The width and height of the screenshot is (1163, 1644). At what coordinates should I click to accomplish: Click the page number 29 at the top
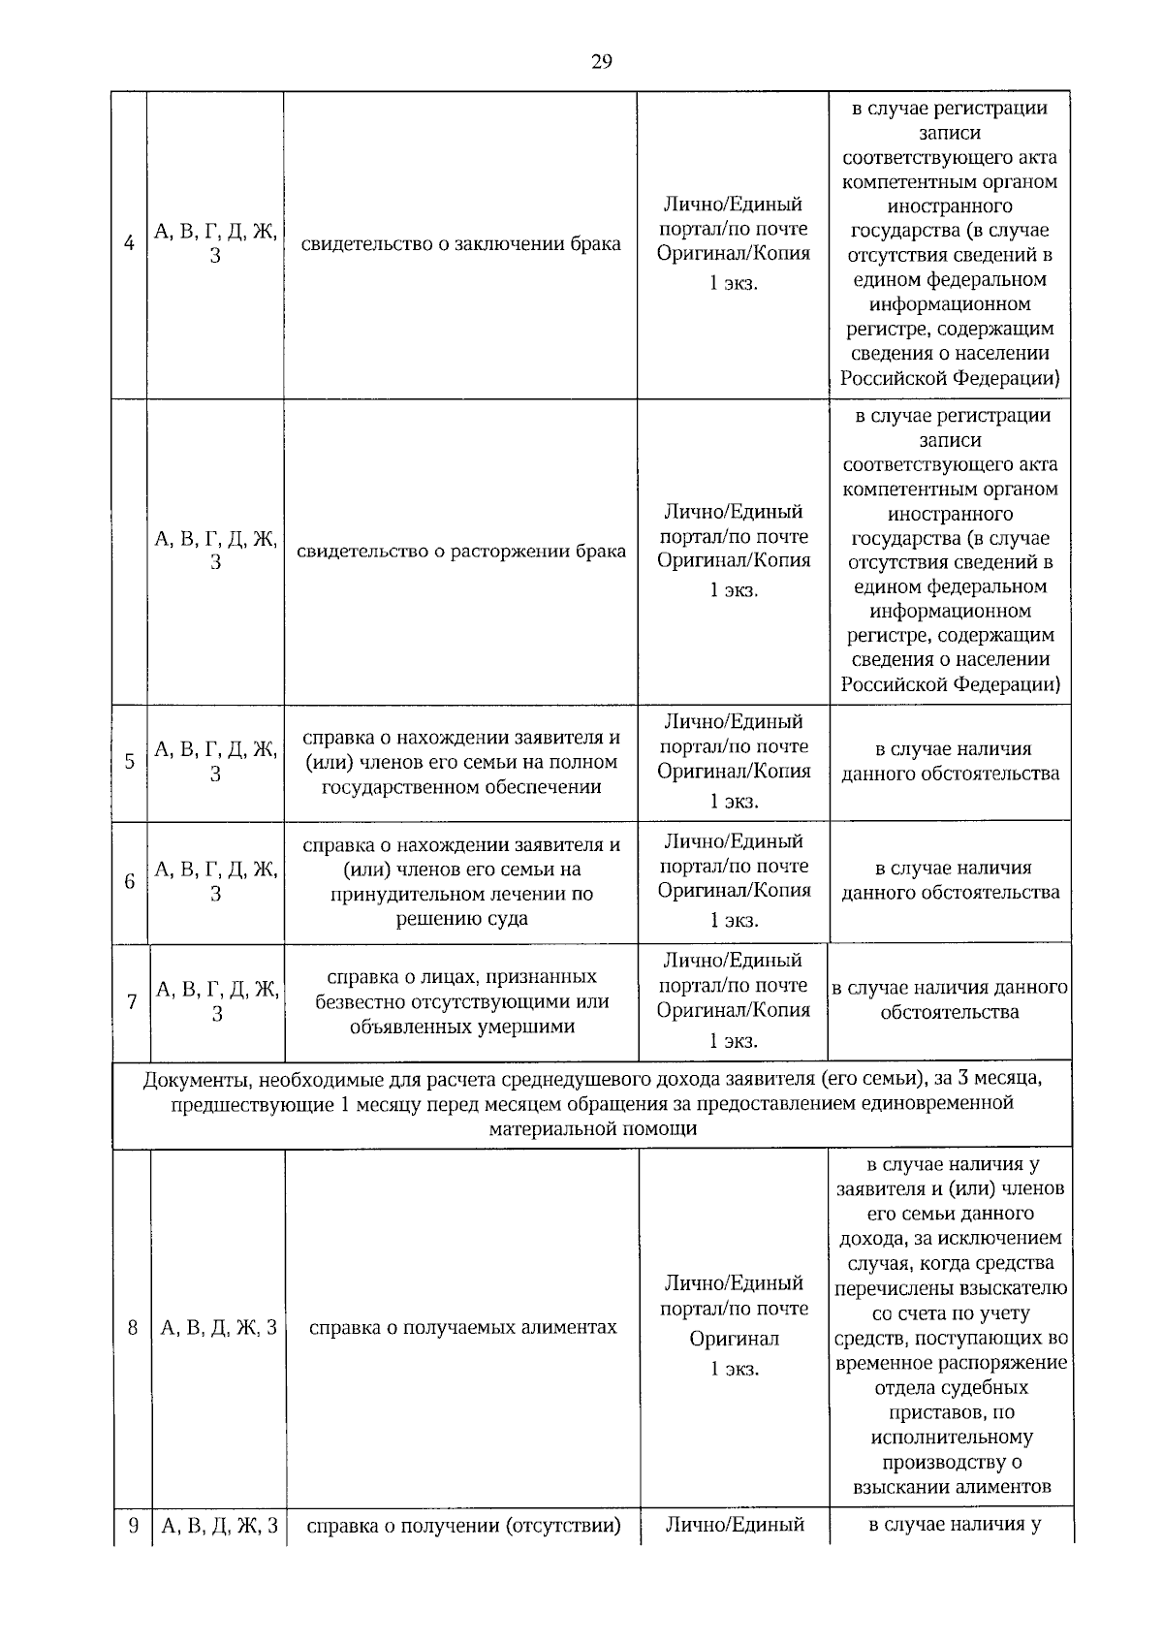click(601, 62)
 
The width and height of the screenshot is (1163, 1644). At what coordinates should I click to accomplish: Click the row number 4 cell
click(129, 243)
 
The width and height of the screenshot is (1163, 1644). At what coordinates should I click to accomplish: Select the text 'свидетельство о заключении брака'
click(460, 243)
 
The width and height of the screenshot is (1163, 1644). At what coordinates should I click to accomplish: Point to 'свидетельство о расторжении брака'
click(460, 551)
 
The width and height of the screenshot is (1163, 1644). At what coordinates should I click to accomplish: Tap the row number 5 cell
click(129, 762)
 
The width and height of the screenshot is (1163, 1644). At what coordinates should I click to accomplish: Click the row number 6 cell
click(129, 881)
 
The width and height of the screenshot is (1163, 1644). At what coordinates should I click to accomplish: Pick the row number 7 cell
click(132, 1001)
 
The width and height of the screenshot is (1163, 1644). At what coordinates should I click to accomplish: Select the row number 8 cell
click(132, 1327)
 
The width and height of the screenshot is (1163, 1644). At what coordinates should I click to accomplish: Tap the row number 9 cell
click(133, 1526)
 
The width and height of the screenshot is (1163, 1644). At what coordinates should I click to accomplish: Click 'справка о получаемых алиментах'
click(462, 1327)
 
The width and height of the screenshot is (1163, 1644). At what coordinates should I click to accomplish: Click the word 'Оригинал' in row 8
click(734, 1339)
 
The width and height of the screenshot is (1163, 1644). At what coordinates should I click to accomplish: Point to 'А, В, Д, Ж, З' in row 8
click(219, 1327)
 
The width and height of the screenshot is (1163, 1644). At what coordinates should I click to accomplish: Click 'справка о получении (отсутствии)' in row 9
click(463, 1526)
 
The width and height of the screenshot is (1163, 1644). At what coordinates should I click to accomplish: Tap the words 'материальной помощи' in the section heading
click(592, 1129)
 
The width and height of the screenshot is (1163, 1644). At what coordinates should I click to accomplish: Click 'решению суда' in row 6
click(461, 918)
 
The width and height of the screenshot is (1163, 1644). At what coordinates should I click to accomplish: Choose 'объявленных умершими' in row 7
click(462, 1027)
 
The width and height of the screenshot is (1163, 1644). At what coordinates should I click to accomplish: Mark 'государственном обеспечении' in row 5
click(461, 787)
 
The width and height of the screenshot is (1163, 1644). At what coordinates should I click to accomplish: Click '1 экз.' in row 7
click(734, 1041)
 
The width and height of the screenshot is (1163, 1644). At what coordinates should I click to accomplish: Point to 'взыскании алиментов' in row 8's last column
click(951, 1487)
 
